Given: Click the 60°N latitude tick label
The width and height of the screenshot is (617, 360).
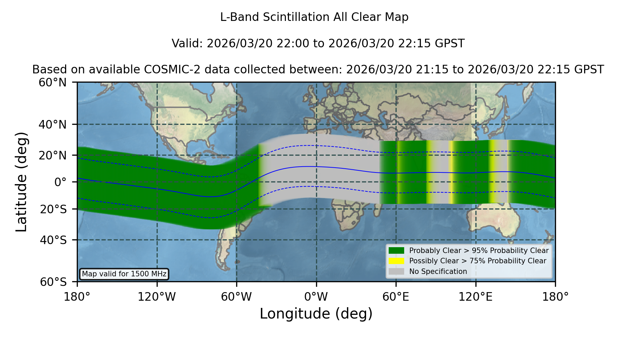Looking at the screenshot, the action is [53, 83].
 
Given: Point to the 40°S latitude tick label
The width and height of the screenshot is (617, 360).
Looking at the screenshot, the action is [53, 240].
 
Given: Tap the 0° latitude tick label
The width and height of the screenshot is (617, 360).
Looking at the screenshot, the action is [60, 182].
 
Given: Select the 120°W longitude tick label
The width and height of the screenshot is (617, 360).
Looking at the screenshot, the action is [157, 297].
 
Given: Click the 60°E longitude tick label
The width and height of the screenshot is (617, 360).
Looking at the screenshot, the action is [396, 297].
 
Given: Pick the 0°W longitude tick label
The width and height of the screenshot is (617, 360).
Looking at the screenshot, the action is [316, 297].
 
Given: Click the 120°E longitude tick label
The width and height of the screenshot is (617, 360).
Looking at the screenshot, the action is [475, 297].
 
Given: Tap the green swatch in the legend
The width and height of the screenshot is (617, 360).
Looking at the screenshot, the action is [397, 251].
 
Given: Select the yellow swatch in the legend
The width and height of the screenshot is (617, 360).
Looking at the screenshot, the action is [397, 261].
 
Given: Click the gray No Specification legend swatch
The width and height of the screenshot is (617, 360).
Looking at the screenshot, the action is [397, 272].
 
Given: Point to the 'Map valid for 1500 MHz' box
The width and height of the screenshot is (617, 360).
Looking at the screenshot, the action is [124, 274].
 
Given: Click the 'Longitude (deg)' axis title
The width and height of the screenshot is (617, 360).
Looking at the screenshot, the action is [316, 314].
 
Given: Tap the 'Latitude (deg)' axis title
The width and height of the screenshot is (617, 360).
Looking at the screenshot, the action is [21, 182].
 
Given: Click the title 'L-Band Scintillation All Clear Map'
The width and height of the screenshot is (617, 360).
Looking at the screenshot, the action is [314, 17].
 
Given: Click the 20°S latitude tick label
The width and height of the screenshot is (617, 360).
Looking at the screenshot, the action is [53, 209].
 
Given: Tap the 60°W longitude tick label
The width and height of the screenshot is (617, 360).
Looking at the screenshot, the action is [237, 297].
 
